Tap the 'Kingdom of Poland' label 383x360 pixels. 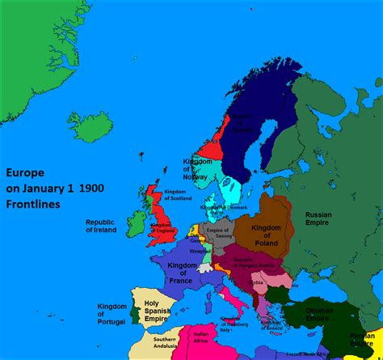coord(267,235)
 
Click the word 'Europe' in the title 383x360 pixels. coord(25,173)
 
